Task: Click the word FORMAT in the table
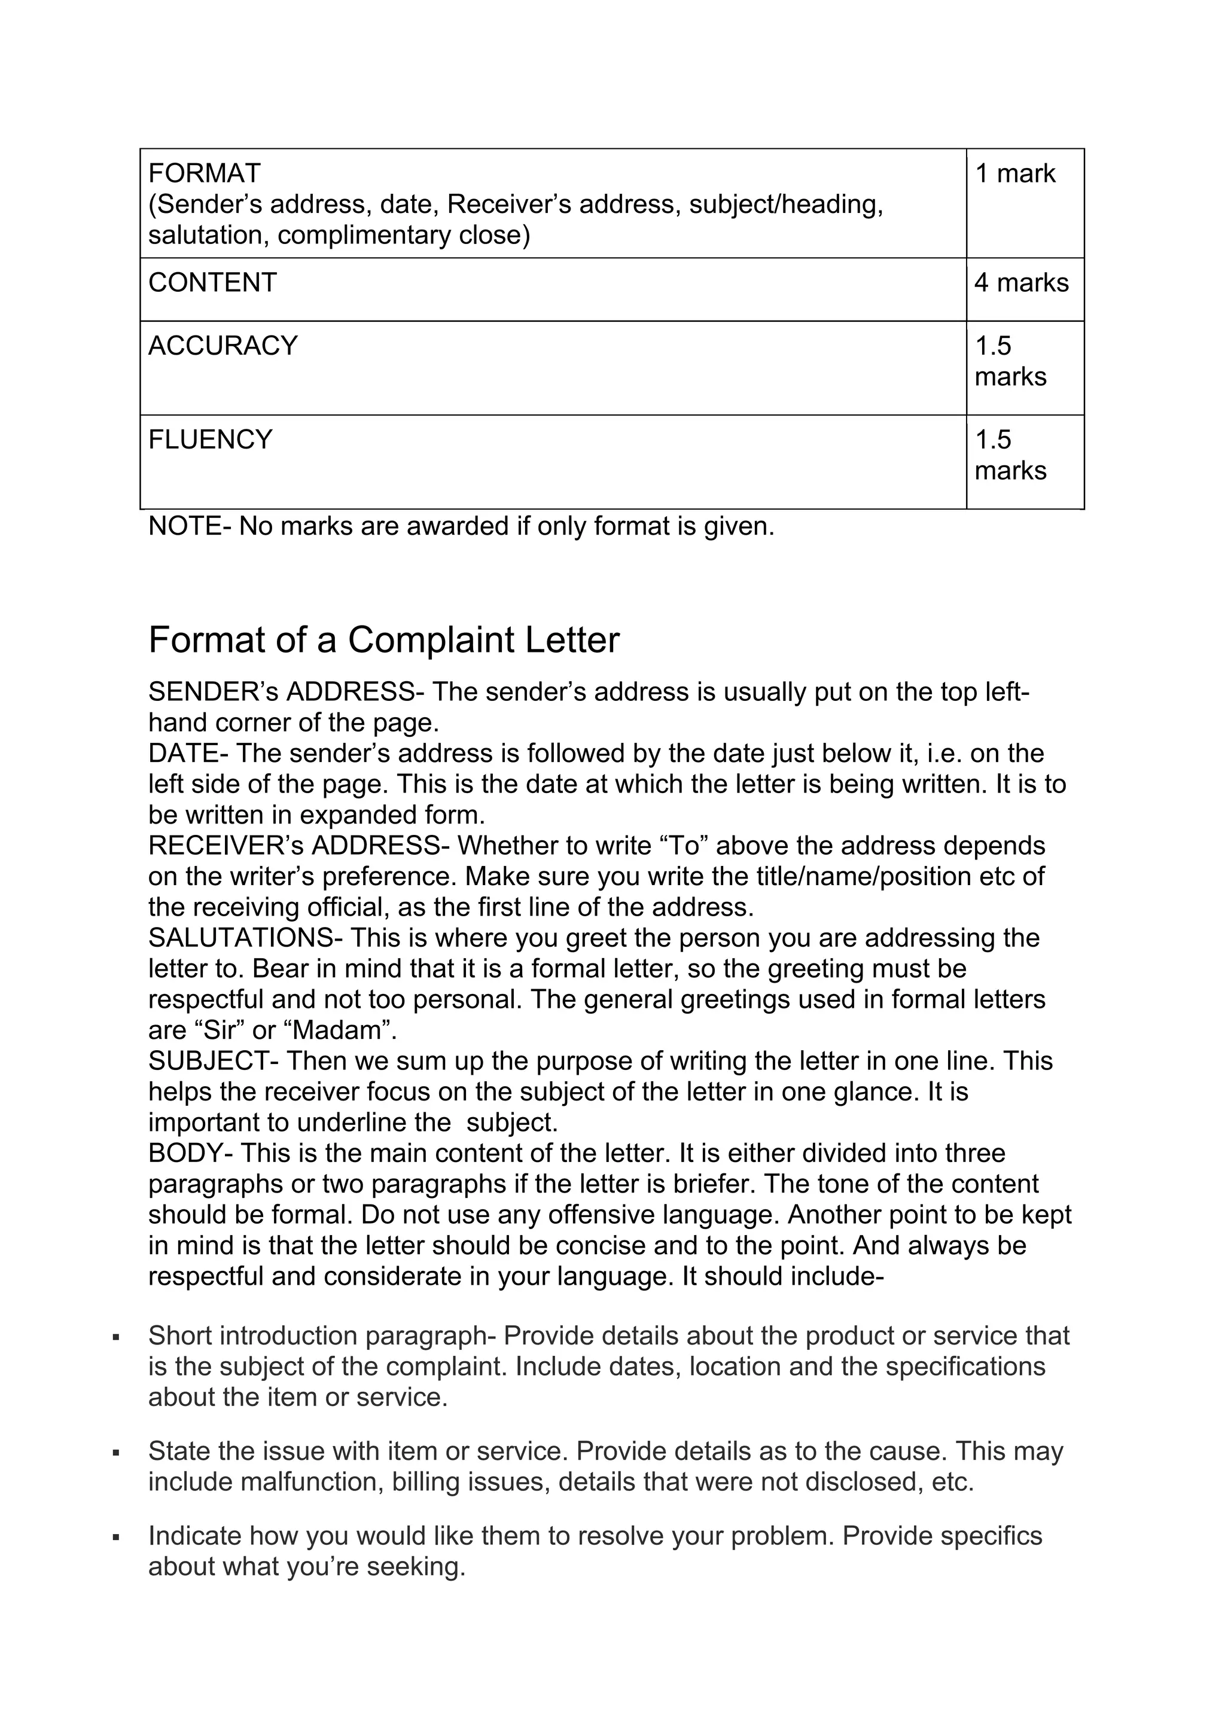[x=203, y=173]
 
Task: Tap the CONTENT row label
[x=212, y=283]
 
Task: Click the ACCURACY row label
[x=223, y=346]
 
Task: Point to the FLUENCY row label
[x=210, y=440]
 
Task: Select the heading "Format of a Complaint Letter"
[x=383, y=640]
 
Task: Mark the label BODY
[x=181, y=1154]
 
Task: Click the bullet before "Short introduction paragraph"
[x=115, y=1337]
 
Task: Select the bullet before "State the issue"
[x=115, y=1453]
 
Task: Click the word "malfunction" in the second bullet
[x=312, y=1483]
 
